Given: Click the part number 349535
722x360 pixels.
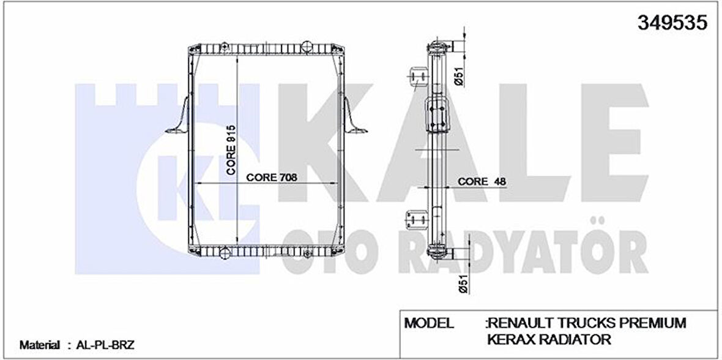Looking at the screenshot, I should pos(672,23).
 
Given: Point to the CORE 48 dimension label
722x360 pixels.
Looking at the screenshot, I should pos(473,182).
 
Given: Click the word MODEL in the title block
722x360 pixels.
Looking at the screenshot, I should pos(429,323).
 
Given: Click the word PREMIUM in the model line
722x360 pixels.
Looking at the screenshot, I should pos(653,323).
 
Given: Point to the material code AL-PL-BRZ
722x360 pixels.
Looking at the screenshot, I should pos(102,345).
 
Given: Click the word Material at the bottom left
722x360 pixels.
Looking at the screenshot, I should pos(40,345).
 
